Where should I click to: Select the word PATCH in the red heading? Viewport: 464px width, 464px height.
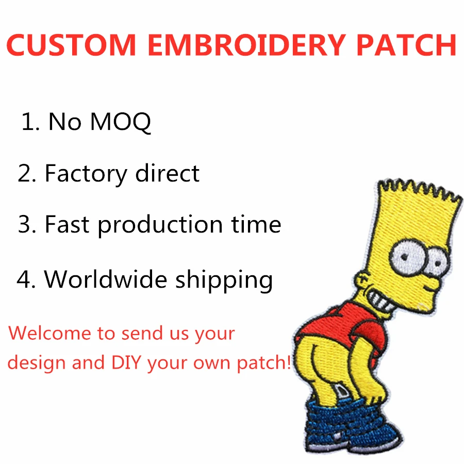[406, 45]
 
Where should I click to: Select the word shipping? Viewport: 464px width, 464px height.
[224, 280]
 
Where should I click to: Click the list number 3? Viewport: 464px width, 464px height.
[25, 225]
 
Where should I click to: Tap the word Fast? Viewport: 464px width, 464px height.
[68, 224]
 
